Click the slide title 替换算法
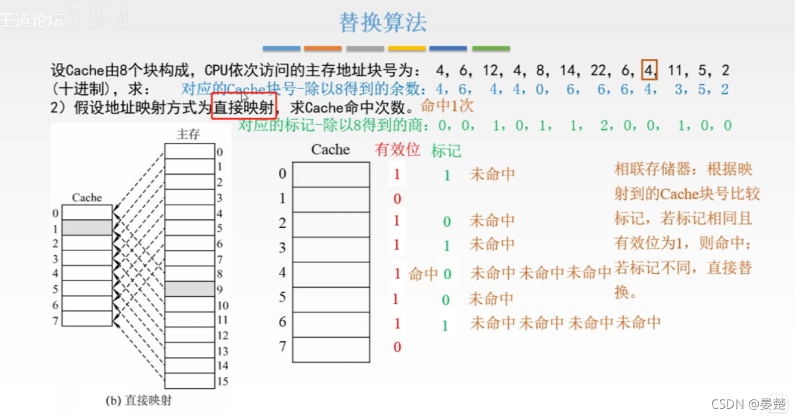pos(383,23)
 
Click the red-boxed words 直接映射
pos(244,106)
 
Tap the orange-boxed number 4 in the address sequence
pos(649,69)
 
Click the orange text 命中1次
pos(447,106)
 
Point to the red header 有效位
pos(397,150)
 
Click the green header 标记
pos(446,151)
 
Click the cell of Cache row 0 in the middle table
pos(331,175)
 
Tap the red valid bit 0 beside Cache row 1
pos(397,199)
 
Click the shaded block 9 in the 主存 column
pos(189,289)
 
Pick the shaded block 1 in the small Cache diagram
pos(87,228)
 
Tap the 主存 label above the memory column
pos(188,134)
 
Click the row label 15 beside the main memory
pos(223,381)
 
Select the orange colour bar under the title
pos(323,49)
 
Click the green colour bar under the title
pos(490,49)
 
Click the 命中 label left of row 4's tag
pos(423,274)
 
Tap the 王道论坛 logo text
pos(32,20)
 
